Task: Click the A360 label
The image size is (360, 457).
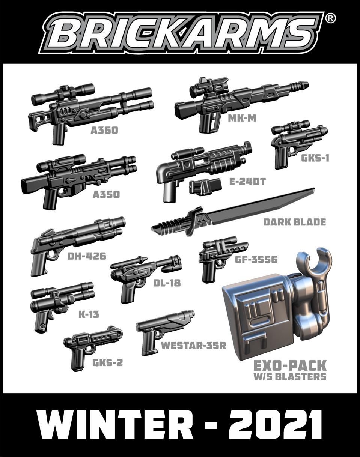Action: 104,131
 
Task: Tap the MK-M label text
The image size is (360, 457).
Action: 242,118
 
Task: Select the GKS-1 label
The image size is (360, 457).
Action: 315,158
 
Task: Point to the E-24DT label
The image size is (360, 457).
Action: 248,182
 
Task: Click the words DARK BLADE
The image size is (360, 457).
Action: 295,222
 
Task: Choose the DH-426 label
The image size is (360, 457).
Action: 87,256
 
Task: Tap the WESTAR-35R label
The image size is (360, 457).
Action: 193,346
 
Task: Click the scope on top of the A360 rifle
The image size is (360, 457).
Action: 63,93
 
